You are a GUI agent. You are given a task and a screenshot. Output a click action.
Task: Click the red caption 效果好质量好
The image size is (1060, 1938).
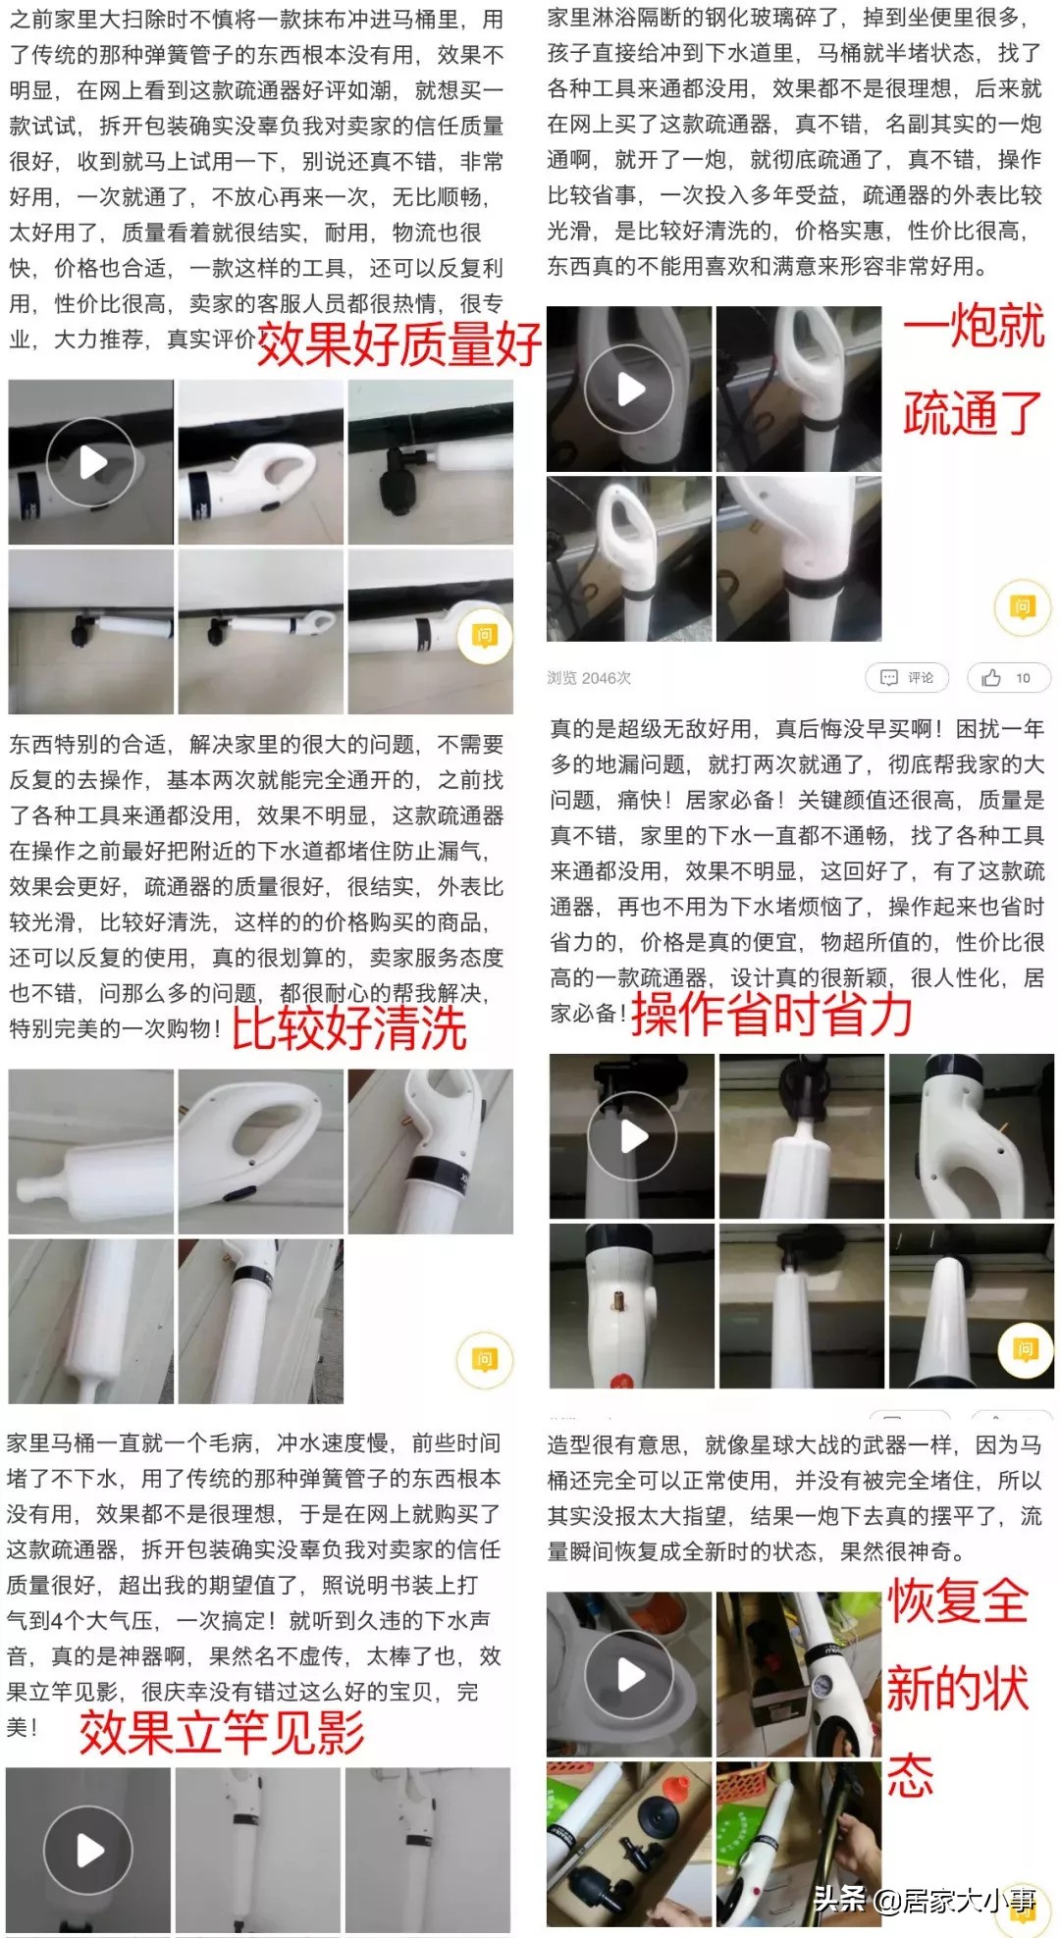397,344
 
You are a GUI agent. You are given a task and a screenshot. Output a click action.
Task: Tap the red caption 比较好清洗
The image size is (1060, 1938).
349,1029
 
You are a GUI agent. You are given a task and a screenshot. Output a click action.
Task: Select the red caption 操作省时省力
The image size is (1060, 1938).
771,1015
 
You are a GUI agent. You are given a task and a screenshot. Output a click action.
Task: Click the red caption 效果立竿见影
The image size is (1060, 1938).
222,1732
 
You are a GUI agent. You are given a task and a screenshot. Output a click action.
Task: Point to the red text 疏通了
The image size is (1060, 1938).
972,413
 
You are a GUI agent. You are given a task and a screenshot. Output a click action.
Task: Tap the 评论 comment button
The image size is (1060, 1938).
907,677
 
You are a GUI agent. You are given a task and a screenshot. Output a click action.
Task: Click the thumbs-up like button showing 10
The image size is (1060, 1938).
1008,677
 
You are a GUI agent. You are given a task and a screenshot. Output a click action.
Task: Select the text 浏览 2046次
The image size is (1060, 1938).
589,678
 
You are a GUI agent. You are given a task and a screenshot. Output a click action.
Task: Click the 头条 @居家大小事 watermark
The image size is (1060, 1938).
923,1900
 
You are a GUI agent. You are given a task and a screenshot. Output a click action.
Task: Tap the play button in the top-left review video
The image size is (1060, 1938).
91,462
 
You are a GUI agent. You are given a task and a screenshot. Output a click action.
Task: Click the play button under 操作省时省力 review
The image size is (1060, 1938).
632,1136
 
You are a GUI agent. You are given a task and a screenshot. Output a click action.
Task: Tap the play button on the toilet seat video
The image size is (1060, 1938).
629,1676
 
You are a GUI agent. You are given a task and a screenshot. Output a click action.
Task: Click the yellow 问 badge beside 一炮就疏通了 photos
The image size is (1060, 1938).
1023,607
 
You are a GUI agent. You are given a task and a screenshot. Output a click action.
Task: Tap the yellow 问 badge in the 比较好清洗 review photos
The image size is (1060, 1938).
485,1360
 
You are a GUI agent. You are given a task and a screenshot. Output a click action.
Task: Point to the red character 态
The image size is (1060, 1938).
911,1776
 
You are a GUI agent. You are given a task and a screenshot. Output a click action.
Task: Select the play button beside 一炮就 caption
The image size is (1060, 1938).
629,390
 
